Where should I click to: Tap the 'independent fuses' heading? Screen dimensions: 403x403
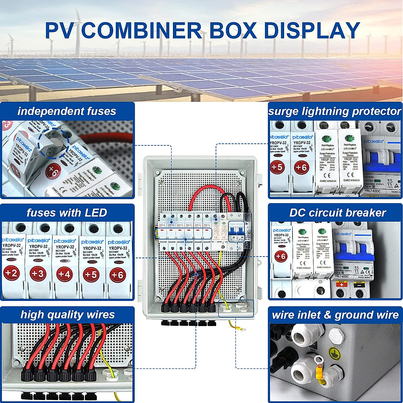point(67,111)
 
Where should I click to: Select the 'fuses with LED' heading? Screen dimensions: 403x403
point(67,213)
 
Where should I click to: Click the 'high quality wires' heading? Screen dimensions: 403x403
point(68,315)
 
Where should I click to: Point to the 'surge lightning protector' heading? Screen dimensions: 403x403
point(335,111)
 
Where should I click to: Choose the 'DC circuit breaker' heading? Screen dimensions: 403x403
point(338,213)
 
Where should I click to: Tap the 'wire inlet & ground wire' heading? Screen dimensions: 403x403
point(335,315)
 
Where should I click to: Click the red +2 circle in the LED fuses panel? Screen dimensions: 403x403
point(11,273)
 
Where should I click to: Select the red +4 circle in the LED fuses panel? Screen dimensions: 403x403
point(64,274)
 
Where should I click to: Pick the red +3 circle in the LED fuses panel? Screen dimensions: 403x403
point(38,274)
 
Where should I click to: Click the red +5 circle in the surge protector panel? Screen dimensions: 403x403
point(277,167)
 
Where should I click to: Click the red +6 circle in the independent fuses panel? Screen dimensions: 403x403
point(53,171)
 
